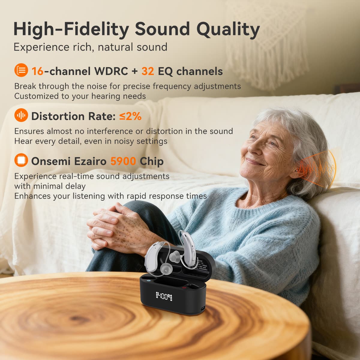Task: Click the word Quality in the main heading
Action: [x=228, y=29]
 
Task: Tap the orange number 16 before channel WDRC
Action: [x=37, y=71]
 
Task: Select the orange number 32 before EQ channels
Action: [x=148, y=71]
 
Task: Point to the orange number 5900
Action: [x=123, y=161]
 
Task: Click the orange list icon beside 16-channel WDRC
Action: [x=21, y=70]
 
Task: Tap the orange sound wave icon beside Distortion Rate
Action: [x=21, y=115]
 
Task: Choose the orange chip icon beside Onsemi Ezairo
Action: [x=21, y=160]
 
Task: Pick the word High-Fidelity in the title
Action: [x=71, y=29]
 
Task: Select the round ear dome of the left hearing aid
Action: [x=164, y=268]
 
